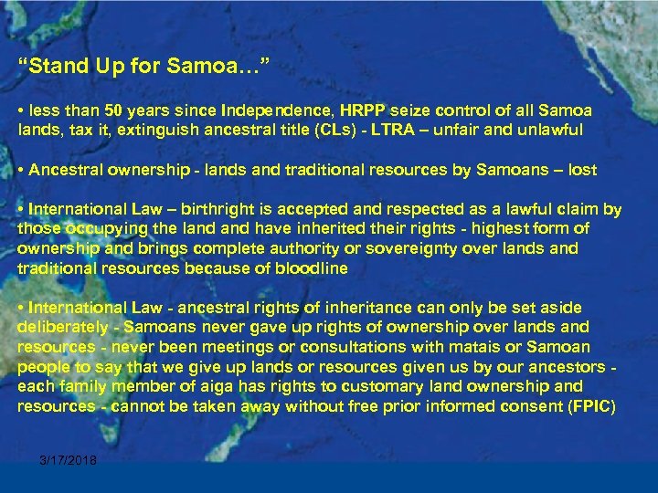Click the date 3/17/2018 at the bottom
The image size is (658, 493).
[x=69, y=460]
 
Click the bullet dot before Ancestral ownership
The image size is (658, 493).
[x=21, y=169]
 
